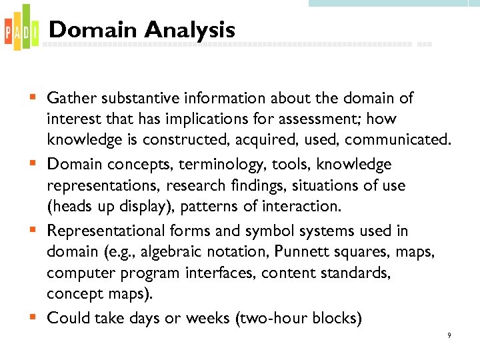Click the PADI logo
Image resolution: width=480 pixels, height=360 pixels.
18,27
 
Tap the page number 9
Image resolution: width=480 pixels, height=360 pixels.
449,335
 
